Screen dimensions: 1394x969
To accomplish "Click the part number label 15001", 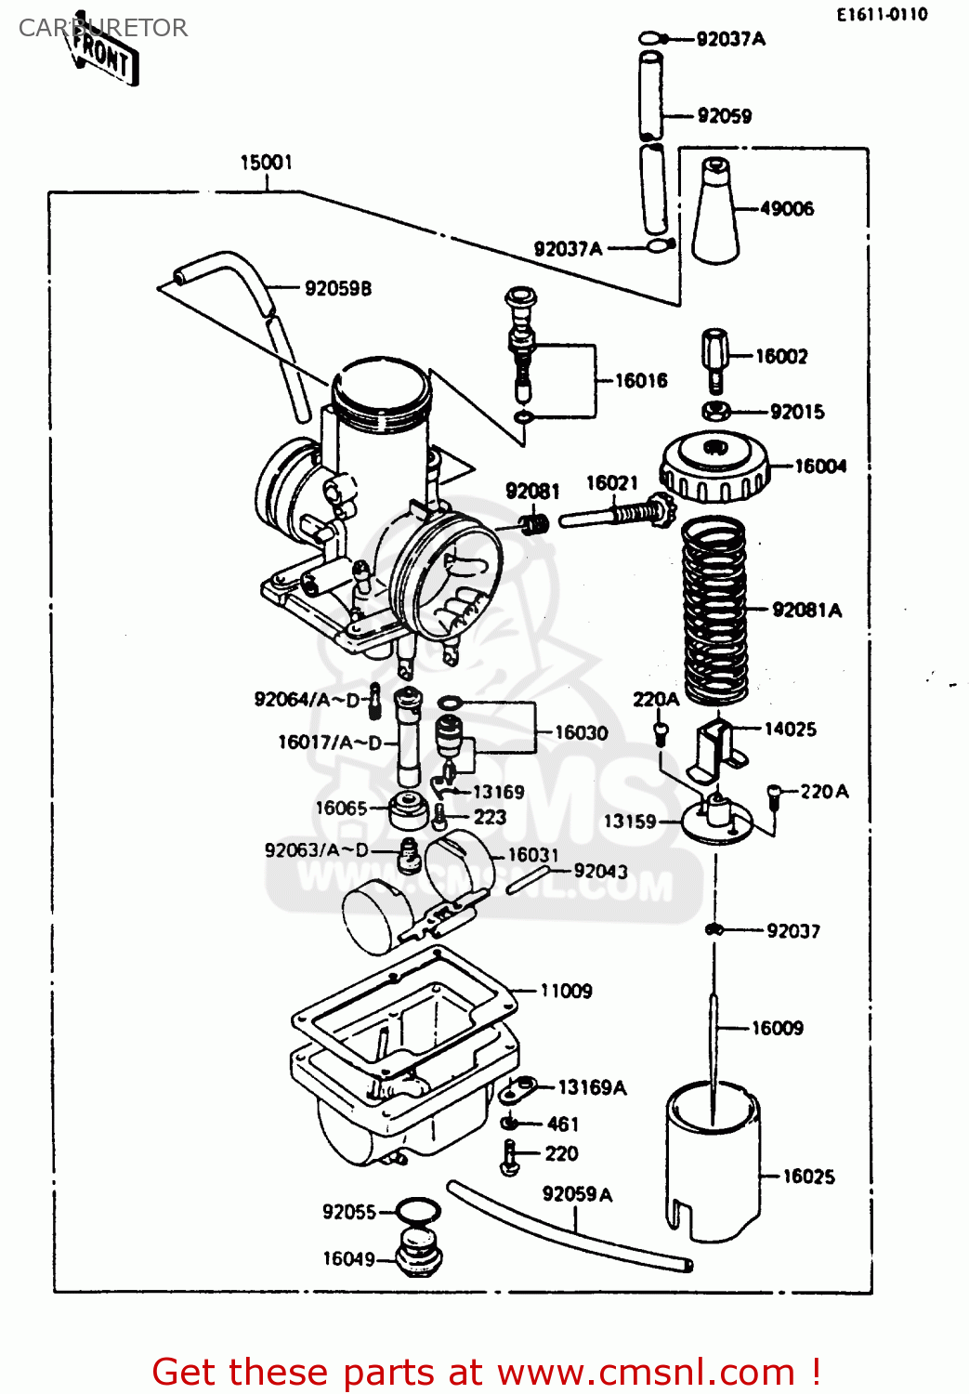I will click(266, 163).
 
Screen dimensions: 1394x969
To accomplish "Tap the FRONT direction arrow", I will click(104, 54).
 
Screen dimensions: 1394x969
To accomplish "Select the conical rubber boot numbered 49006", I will click(715, 214).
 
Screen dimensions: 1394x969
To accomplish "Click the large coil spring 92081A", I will click(714, 609).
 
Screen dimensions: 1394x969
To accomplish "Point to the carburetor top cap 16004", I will click(714, 468).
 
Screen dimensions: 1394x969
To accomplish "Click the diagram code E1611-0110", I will click(881, 14).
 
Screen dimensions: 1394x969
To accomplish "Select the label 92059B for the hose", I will click(338, 288).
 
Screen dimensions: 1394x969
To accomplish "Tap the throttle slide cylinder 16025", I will click(713, 1162).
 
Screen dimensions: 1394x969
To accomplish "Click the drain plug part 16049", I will click(419, 1255).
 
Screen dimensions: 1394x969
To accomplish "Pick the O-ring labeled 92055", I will click(418, 1211).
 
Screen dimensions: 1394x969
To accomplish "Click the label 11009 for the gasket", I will click(566, 991).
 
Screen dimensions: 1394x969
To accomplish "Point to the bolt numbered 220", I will click(510, 1156).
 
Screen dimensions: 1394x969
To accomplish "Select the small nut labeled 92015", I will click(715, 411).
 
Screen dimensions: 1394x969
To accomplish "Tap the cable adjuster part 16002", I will click(714, 358).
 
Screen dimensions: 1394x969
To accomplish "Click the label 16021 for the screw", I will click(611, 483).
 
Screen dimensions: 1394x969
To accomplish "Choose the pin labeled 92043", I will click(530, 879).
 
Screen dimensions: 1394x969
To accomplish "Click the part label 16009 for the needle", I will click(777, 1028).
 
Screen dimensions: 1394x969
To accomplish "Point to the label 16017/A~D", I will click(330, 743).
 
